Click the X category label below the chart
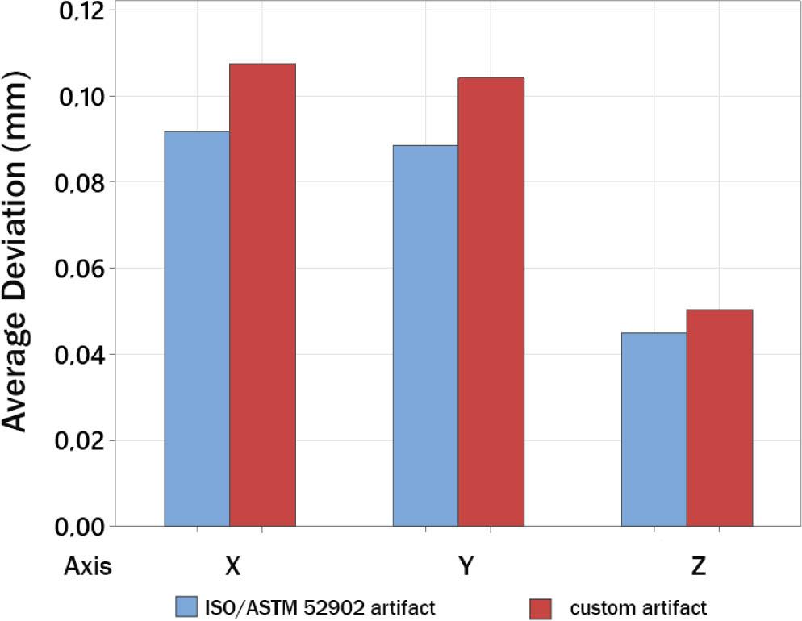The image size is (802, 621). coord(232,567)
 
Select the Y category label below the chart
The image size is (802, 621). coord(466,567)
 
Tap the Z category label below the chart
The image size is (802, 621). coord(699,567)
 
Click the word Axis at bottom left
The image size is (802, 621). coord(88,567)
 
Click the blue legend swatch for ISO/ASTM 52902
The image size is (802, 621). coord(187,607)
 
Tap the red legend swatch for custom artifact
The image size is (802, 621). coord(540,607)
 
